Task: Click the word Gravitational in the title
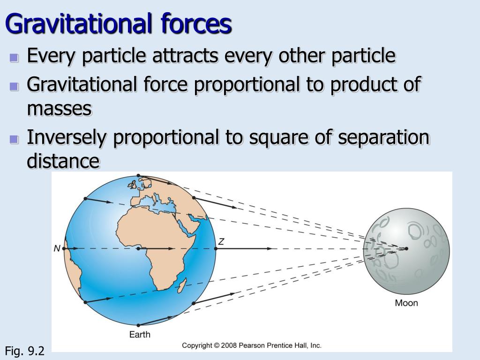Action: [x=78, y=24]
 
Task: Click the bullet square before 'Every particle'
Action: [x=14, y=57]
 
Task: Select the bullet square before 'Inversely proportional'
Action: [x=14, y=139]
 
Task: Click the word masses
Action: [x=60, y=109]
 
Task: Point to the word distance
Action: [x=63, y=161]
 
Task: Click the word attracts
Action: [x=185, y=56]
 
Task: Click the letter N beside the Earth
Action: [x=57, y=248]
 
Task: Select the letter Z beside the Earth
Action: [x=221, y=241]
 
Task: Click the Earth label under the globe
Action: [x=140, y=334]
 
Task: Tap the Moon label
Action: [x=406, y=303]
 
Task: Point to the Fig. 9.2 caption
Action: [x=25, y=351]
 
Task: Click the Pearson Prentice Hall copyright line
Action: [x=252, y=345]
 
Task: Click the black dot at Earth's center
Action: [x=139, y=248]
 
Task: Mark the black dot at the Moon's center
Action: [x=406, y=248]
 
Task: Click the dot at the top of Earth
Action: [x=138, y=175]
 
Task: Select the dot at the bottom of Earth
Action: [x=138, y=325]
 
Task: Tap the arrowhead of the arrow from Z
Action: [x=270, y=248]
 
